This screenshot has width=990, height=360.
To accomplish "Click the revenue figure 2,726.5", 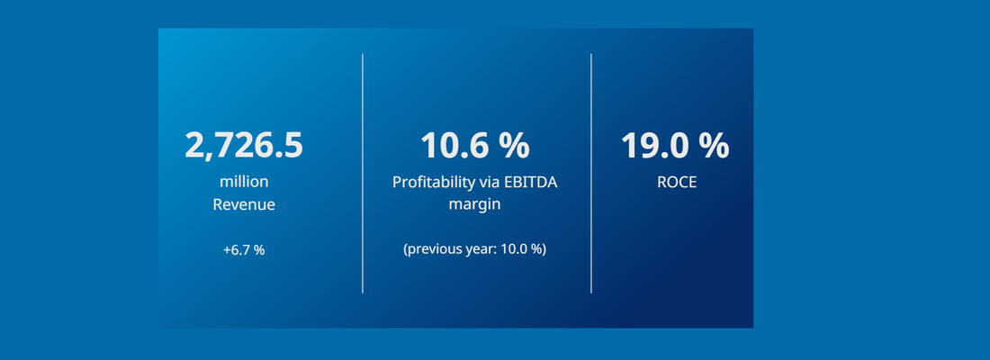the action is point(244,146).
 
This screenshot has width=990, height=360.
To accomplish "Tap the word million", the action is point(244,182).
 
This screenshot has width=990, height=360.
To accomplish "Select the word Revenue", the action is point(244,205).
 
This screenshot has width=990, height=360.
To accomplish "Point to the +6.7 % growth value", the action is point(244,250).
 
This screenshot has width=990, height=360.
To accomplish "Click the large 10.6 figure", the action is point(454,146).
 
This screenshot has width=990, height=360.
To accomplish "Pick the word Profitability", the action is point(433,182).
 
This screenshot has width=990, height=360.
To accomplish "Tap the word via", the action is point(489,182).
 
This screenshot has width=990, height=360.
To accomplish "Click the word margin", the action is point(474,205).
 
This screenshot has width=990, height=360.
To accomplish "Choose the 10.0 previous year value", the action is point(514,249).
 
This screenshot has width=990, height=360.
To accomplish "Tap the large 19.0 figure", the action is point(653,146).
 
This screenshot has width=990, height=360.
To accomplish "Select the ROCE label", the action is point(677,183).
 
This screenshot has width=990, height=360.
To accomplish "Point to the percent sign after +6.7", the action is point(259,250).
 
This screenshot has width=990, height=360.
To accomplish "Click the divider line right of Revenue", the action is point(363,174).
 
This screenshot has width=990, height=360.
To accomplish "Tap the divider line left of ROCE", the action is point(591,174).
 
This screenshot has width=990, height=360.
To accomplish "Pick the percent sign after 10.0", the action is point(536,249).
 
